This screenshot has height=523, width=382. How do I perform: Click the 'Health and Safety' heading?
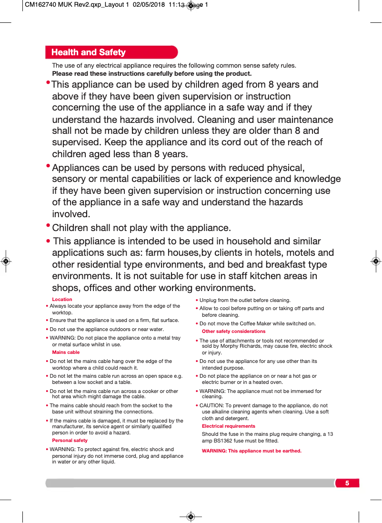click(88, 52)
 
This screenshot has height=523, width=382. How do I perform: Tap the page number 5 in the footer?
click(347, 483)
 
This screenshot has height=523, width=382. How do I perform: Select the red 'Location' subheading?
click(62, 300)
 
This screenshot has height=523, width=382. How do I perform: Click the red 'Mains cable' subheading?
click(66, 352)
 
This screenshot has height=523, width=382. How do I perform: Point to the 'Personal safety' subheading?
click(70, 441)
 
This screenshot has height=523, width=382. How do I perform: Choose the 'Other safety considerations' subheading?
click(233, 332)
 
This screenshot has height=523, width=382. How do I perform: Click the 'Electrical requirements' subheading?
click(228, 426)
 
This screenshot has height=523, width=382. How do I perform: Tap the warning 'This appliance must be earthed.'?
click(251, 451)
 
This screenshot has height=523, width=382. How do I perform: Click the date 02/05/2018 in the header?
click(149, 5)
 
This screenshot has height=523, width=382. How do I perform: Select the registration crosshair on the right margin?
click(376, 261)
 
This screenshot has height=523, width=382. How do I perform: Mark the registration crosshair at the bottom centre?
click(191, 516)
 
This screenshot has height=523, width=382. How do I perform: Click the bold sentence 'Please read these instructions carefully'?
click(151, 74)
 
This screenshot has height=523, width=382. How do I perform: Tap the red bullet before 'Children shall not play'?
click(48, 226)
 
